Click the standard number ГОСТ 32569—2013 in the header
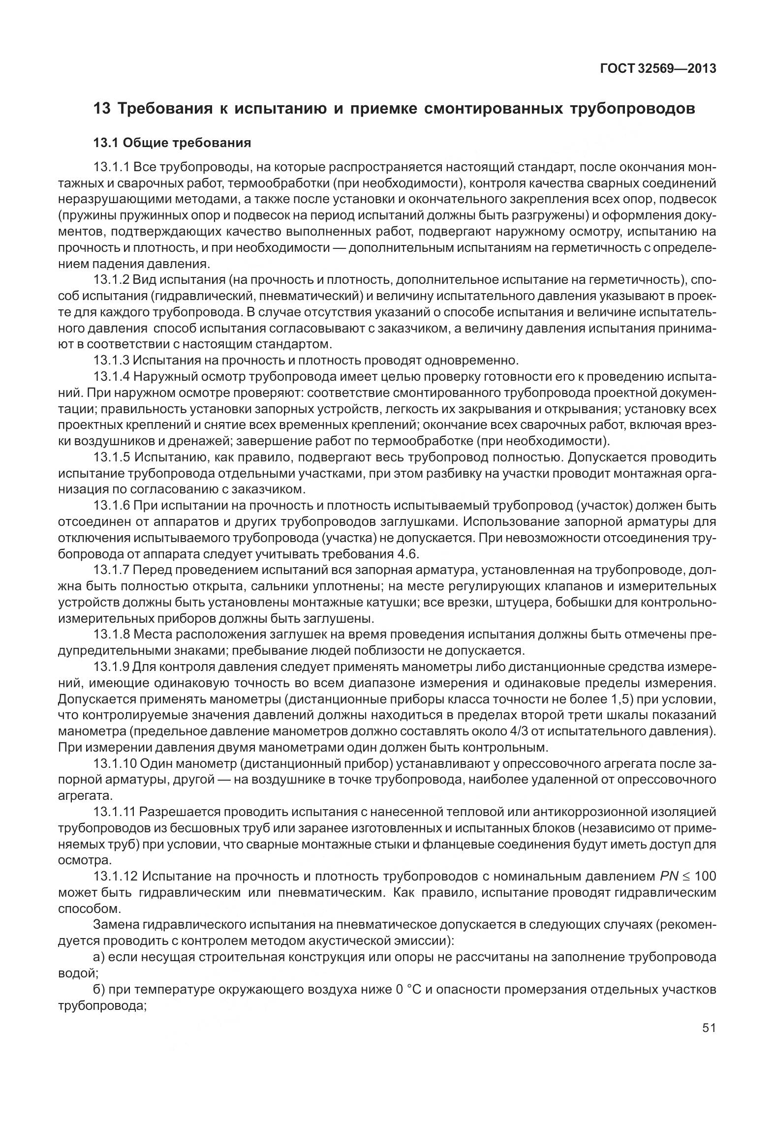pos(658,68)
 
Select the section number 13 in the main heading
pos(101,108)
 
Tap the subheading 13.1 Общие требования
pos(172,143)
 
